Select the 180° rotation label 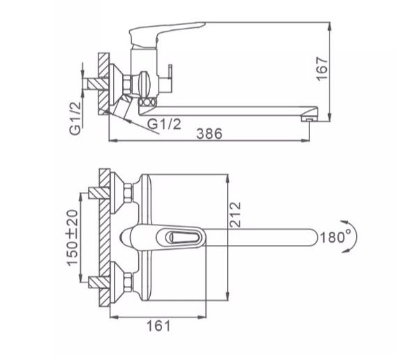(x=336, y=237)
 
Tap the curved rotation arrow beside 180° (x=358, y=237)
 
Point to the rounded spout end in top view (x=311, y=238)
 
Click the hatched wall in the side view (x=104, y=84)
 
